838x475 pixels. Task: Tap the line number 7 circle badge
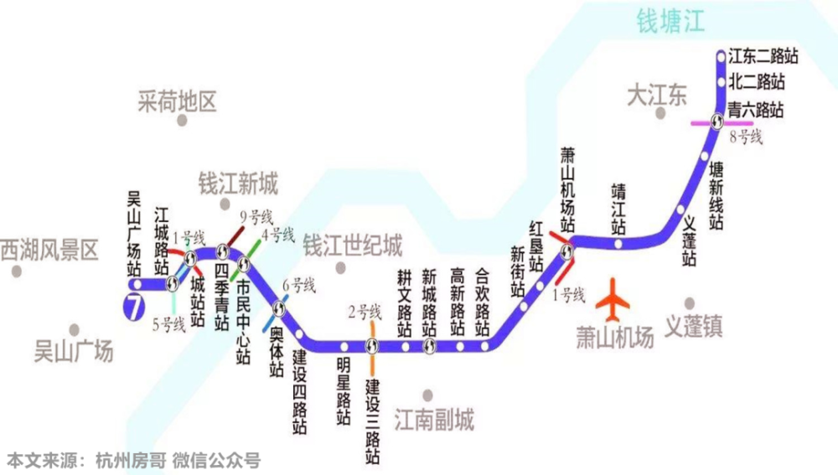(x=132, y=307)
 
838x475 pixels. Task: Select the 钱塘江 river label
(x=670, y=20)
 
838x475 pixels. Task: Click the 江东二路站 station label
(x=762, y=57)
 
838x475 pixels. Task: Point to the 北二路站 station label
(x=756, y=82)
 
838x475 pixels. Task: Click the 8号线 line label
(x=746, y=137)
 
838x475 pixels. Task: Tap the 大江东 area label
(x=656, y=95)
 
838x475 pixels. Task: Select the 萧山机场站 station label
(x=568, y=189)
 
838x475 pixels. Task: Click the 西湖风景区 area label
(x=49, y=249)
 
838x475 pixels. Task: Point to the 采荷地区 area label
(x=177, y=102)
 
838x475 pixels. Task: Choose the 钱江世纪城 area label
(x=352, y=245)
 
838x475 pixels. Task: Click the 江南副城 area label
(x=433, y=418)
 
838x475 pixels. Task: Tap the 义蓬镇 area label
(x=693, y=326)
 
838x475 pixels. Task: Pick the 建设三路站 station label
(x=373, y=422)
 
